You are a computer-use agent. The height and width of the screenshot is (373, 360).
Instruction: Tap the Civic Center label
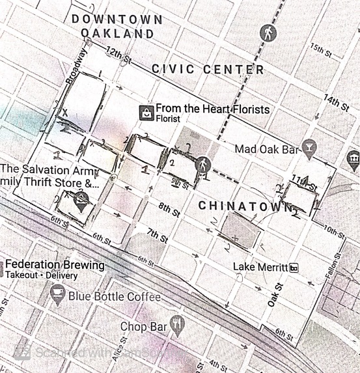(208, 69)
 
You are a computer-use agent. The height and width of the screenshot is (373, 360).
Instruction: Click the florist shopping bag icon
(146, 112)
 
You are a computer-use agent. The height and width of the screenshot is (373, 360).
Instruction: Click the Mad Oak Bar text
(268, 149)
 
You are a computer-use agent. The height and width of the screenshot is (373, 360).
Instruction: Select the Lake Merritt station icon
(294, 268)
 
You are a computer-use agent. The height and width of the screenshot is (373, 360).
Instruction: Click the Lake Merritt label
(260, 268)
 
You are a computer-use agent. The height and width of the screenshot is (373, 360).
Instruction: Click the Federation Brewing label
(55, 266)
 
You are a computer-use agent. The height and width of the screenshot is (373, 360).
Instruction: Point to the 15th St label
(322, 49)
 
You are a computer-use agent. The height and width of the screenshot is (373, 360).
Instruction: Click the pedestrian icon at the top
(267, 32)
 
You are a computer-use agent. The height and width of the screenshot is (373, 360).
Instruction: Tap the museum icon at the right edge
(353, 158)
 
